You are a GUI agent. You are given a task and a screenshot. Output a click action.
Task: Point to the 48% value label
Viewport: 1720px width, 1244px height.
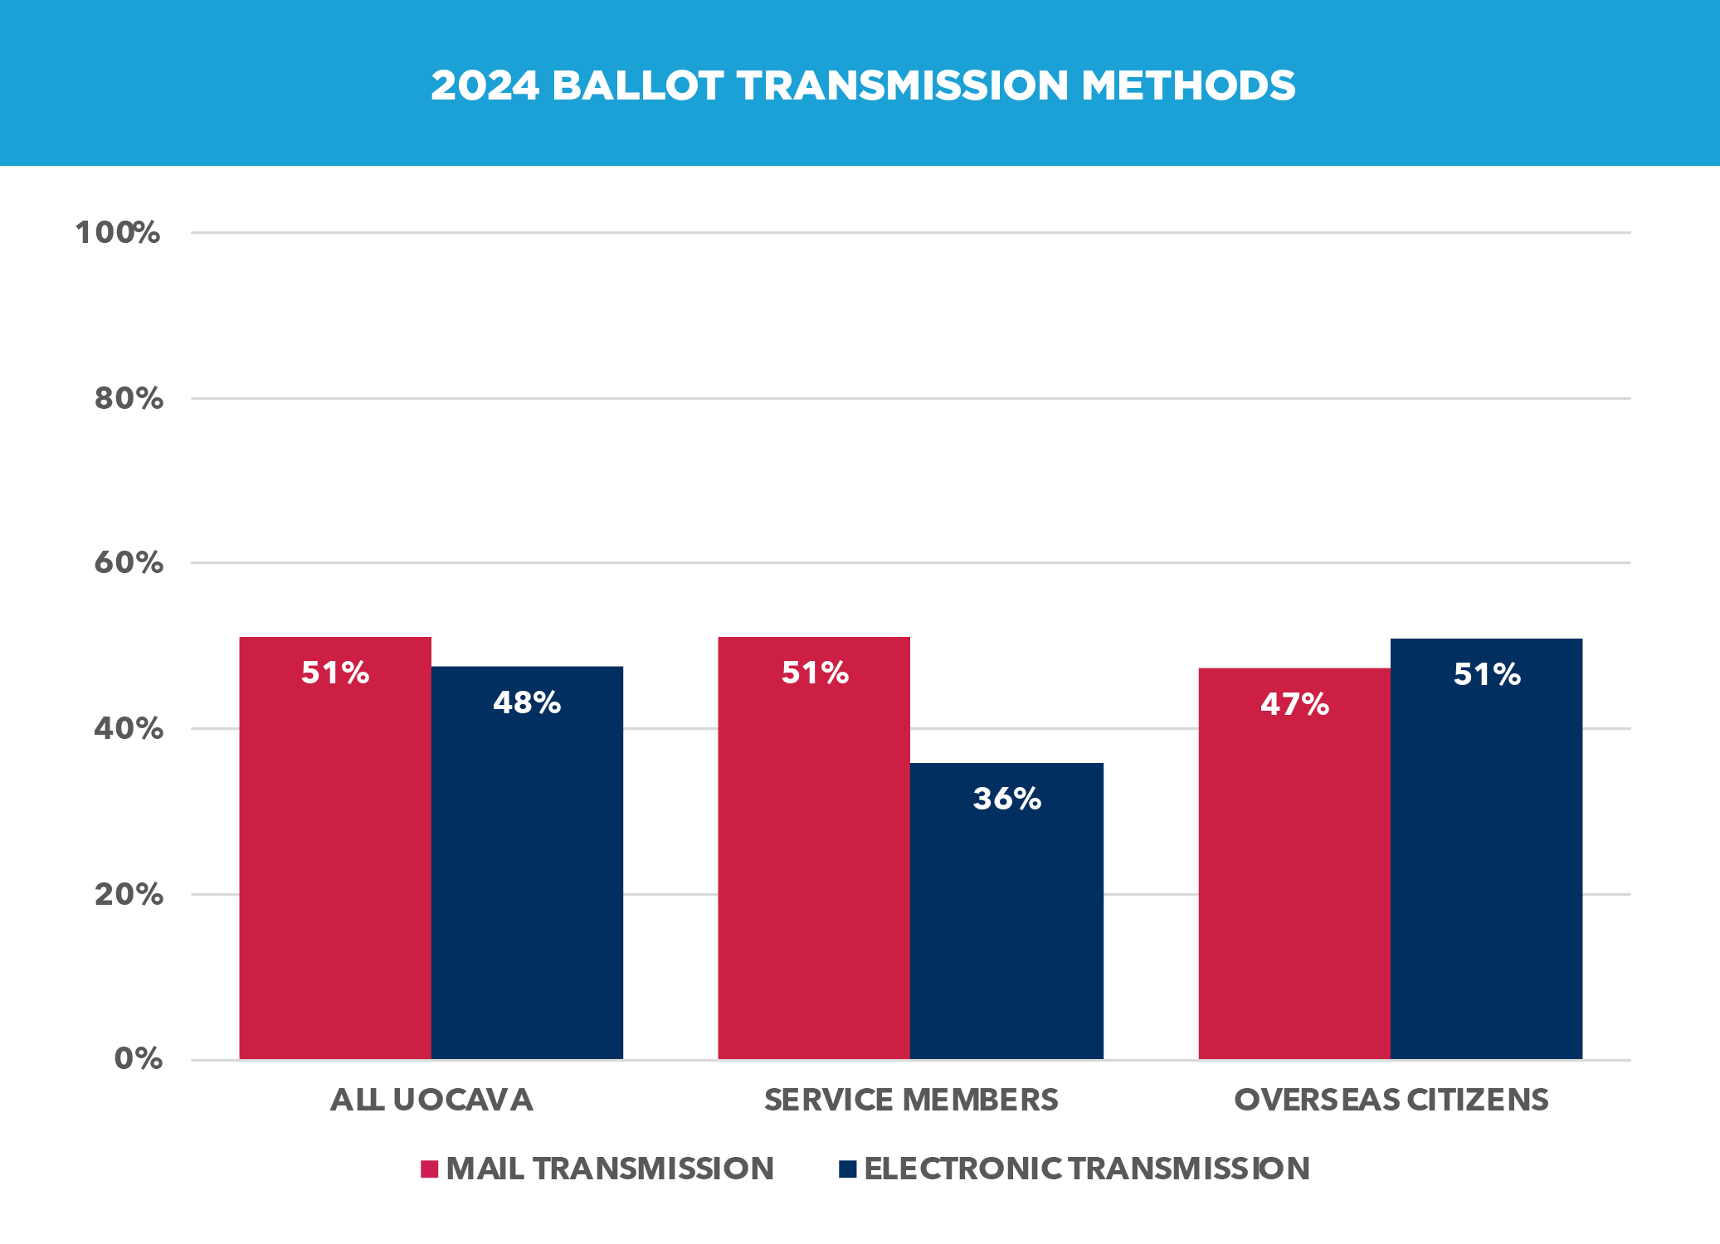[527, 703]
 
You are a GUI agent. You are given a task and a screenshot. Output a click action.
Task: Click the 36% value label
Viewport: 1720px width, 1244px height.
[1006, 799]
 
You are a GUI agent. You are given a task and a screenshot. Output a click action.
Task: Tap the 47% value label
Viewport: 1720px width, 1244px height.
[1294, 705]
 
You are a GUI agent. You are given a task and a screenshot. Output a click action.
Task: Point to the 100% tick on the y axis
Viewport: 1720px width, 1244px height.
[118, 233]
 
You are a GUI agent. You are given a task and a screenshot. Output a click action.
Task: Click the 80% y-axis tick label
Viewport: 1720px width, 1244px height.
[129, 399]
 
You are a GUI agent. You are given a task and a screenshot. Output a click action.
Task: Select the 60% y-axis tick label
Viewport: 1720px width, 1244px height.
[129, 563]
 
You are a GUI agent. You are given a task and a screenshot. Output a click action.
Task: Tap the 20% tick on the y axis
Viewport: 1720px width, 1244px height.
[129, 895]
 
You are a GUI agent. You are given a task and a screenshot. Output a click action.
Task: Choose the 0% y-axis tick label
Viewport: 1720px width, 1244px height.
[138, 1059]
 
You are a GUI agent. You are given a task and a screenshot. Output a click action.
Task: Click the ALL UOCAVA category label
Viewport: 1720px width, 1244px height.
[431, 1101]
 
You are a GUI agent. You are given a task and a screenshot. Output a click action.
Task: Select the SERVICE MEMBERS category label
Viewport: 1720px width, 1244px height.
[911, 1101]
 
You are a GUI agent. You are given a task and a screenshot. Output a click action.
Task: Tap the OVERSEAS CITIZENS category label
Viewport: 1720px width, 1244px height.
[1391, 1101]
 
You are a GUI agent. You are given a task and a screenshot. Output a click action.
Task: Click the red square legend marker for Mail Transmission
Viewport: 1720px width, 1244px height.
[429, 1169]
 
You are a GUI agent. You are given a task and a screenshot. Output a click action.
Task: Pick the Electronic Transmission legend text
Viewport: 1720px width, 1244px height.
[1087, 1169]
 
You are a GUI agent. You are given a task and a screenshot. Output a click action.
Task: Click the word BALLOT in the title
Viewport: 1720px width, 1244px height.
[637, 86]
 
